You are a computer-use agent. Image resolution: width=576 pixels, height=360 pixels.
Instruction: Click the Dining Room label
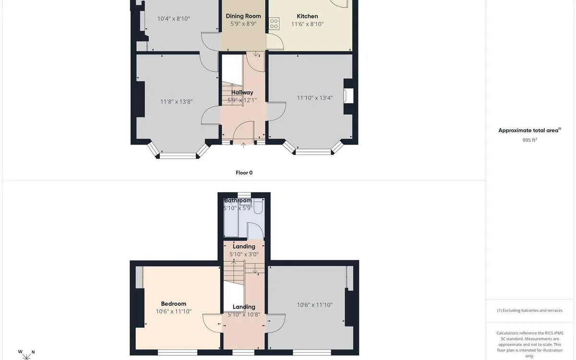tap(243, 16)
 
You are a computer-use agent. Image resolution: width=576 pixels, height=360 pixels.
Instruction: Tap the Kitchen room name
tap(307, 16)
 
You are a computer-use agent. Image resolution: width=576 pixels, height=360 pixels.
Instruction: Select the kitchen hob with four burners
tap(274, 24)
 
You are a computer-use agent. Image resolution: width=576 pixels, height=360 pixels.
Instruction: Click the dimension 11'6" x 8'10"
tap(307, 24)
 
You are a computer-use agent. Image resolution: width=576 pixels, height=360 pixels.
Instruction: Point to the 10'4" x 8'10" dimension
tap(174, 19)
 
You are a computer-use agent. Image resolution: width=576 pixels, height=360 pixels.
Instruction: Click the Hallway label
tap(242, 93)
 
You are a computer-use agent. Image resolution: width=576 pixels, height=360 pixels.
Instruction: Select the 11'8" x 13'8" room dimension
tap(177, 102)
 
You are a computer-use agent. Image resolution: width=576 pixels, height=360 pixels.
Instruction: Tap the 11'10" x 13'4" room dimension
tap(315, 98)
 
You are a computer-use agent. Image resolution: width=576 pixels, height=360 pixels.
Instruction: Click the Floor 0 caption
tap(244, 173)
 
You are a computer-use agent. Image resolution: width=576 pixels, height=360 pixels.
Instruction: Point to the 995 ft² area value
tap(529, 140)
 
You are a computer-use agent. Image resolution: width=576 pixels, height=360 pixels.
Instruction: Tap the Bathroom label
tap(238, 201)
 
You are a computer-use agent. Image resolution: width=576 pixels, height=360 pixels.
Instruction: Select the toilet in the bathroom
tap(258, 206)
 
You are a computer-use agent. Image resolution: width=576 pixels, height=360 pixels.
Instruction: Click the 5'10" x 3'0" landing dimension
tap(244, 254)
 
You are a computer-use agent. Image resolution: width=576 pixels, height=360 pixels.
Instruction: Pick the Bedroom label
tap(174, 304)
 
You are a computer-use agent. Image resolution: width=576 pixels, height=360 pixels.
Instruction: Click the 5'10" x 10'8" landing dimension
tap(244, 315)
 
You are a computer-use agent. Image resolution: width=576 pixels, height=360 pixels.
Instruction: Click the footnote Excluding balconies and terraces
tap(530, 311)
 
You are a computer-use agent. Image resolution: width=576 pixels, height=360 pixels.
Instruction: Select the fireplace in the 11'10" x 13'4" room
tap(348, 96)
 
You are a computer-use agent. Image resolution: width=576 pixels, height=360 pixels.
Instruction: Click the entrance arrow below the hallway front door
tap(243, 145)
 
